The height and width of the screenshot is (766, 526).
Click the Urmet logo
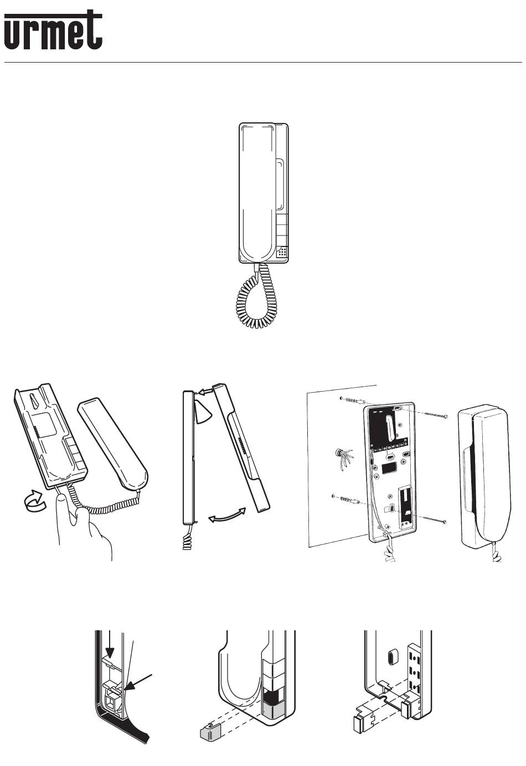[53, 30]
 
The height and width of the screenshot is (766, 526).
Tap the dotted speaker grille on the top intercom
[282, 253]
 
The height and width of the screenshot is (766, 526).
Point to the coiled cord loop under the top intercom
[256, 296]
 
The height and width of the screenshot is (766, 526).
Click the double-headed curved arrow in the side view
[227, 515]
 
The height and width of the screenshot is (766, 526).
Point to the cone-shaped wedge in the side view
[203, 413]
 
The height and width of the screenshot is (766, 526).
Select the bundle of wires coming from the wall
[343, 460]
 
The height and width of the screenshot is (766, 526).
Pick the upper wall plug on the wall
[353, 400]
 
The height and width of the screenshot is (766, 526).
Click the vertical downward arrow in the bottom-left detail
[110, 646]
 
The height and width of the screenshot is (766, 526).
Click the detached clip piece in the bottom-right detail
[364, 718]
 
